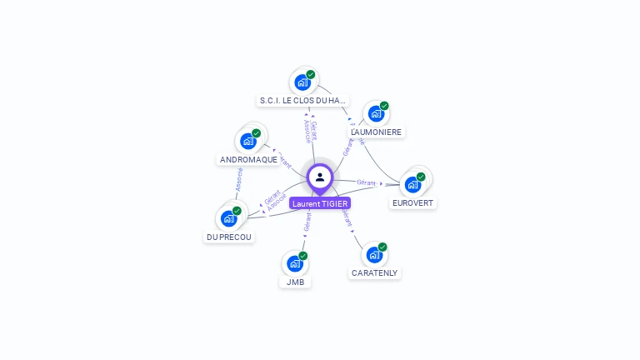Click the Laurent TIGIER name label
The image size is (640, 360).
pos(320,203)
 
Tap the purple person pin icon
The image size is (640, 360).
pos(320,177)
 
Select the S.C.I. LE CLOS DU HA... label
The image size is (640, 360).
pos(302,101)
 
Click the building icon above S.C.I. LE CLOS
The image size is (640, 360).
pos(302,82)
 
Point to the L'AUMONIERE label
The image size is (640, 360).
pos(376,132)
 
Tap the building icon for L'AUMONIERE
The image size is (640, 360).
pos(376,113)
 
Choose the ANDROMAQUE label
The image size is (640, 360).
pos(248,160)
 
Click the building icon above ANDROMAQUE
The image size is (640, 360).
pos(248,141)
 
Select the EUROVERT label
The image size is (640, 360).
pos(413,202)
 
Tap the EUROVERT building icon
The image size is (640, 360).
pos(413,184)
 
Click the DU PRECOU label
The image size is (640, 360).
pos(229,237)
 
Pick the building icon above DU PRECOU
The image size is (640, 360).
pos(229,218)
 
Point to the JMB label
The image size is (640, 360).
pos(295,282)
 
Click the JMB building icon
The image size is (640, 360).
pos(295,263)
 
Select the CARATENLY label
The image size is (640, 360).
pos(375,272)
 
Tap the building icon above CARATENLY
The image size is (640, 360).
pos(375,254)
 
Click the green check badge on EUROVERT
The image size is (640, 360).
pos(421,177)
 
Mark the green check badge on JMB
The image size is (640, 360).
pos(302,256)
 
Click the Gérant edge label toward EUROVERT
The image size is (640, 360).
pos(367,182)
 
